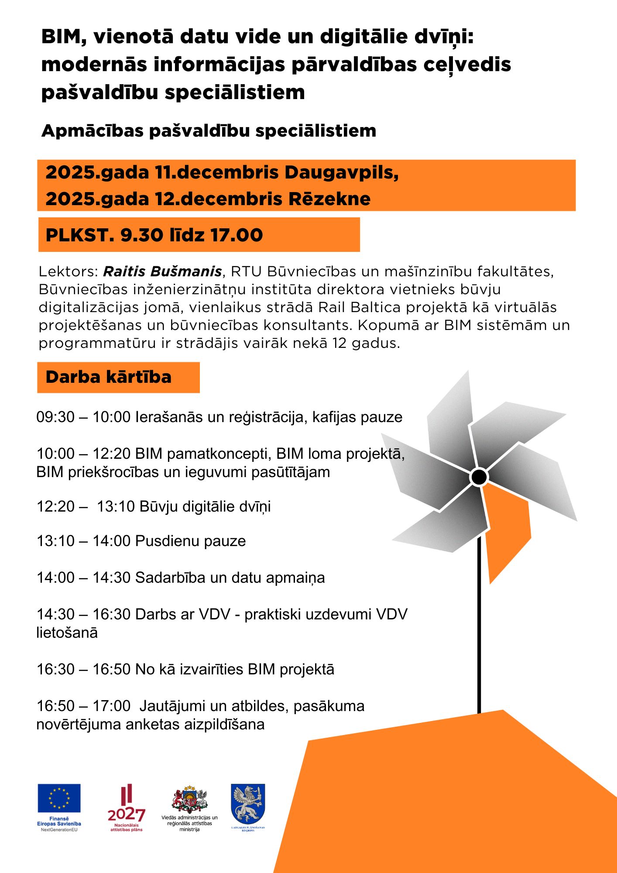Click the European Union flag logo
(59, 798)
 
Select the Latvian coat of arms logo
(189, 800)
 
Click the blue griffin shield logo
(248, 804)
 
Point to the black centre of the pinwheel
(479, 477)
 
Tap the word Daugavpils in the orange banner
(341, 173)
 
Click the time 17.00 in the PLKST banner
(237, 235)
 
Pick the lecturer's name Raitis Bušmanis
(162, 272)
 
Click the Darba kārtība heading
(108, 377)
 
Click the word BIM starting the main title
(60, 37)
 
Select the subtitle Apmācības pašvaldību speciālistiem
(209, 131)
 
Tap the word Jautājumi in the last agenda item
(172, 706)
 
